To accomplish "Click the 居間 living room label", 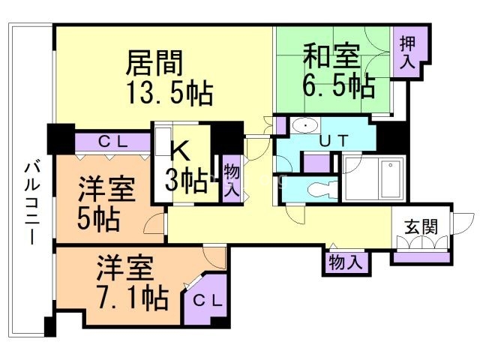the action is point(154,63).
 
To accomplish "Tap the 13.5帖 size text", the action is point(170,93).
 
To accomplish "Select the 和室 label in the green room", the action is point(331,56).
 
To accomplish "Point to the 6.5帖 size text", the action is point(339,85).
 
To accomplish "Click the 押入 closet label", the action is point(408,52).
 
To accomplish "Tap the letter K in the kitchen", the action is point(181,150).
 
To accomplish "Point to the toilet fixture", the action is point(322,190).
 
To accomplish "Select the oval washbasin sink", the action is point(305,125).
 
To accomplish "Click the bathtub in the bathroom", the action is point(390,178).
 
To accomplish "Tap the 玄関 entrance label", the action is point(421,227).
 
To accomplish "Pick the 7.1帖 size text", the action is point(133,297).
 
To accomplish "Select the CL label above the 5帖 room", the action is point(112,142).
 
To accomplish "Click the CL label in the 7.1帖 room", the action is point(207,301).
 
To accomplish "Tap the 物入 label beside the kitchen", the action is point(231,180).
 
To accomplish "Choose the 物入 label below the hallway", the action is point(346,262).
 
